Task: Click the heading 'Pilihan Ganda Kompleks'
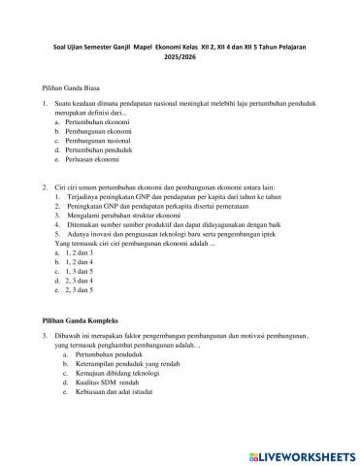coord(81,319)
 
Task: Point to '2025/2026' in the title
coord(180,55)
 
